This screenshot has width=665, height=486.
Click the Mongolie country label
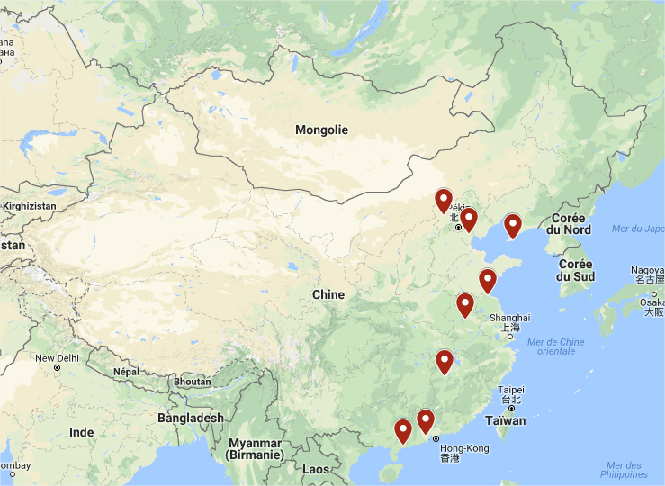(x=321, y=130)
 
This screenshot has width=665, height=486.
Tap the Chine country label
(x=328, y=294)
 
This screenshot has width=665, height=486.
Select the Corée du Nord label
(x=569, y=223)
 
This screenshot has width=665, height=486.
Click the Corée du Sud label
(x=575, y=270)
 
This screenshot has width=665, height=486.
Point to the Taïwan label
(x=505, y=420)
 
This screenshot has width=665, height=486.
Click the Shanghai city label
(x=509, y=318)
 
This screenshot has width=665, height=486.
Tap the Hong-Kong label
(x=464, y=448)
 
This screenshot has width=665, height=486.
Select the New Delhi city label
(x=57, y=358)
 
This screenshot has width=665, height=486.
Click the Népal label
(x=127, y=371)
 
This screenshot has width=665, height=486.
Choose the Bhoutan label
(x=192, y=382)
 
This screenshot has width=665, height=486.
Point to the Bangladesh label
(x=190, y=418)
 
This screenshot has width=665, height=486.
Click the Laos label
(x=316, y=469)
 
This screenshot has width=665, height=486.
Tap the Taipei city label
(x=510, y=390)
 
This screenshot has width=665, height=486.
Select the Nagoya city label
(x=648, y=270)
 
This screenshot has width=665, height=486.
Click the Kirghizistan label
(x=29, y=206)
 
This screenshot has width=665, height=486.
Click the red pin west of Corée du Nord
(x=512, y=225)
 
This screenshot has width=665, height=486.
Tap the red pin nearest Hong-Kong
(x=425, y=421)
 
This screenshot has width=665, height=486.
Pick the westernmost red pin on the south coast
(x=403, y=431)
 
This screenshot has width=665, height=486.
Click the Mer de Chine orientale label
(x=555, y=346)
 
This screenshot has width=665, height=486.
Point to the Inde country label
(x=81, y=432)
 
